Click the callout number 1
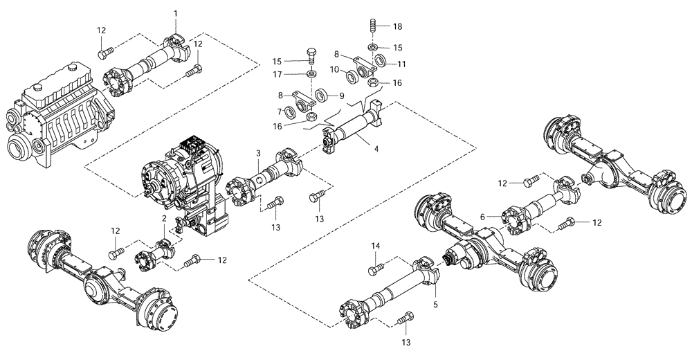(176, 13)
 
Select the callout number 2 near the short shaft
(164, 218)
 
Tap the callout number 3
(257, 153)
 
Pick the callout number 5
(436, 303)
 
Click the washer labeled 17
(311, 74)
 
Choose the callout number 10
(334, 69)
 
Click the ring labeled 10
(351, 74)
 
